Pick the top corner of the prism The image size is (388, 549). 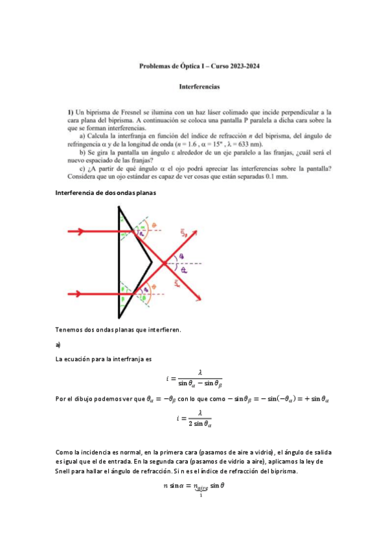119,207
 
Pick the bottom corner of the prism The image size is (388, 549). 119,318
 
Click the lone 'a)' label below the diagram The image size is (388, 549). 58,346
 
